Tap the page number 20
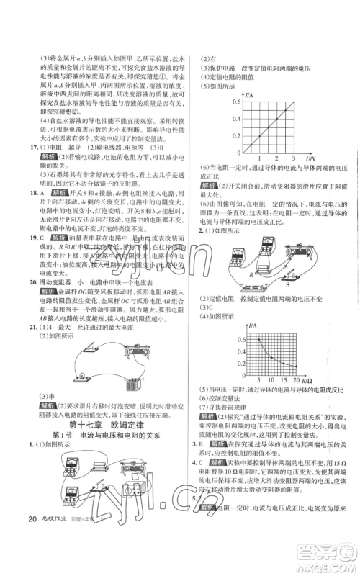click(x=29, y=541)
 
